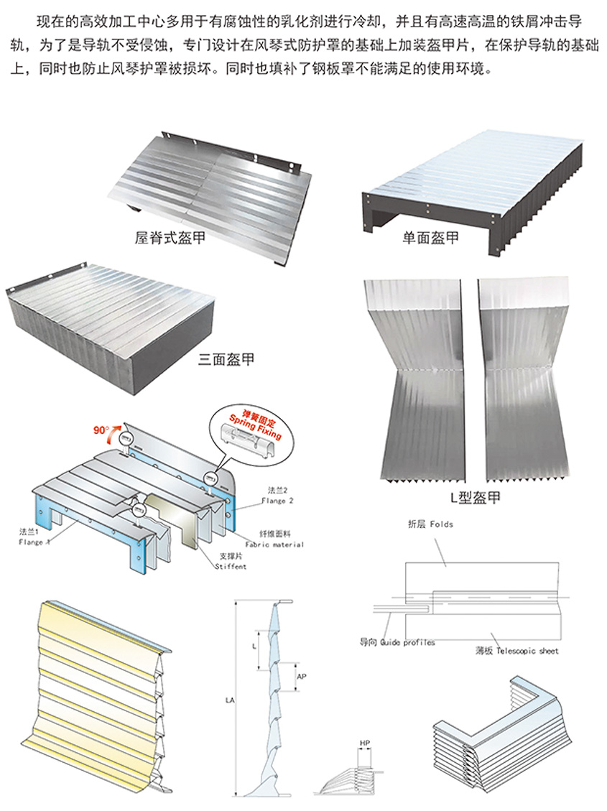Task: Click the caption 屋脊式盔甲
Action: pyautogui.click(x=170, y=237)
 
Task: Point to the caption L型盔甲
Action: pyautogui.click(x=470, y=497)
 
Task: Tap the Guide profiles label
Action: pyautogui.click(x=398, y=642)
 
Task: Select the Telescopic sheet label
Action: pyautogui.click(x=517, y=650)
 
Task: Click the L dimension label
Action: pyautogui.click(x=255, y=646)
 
